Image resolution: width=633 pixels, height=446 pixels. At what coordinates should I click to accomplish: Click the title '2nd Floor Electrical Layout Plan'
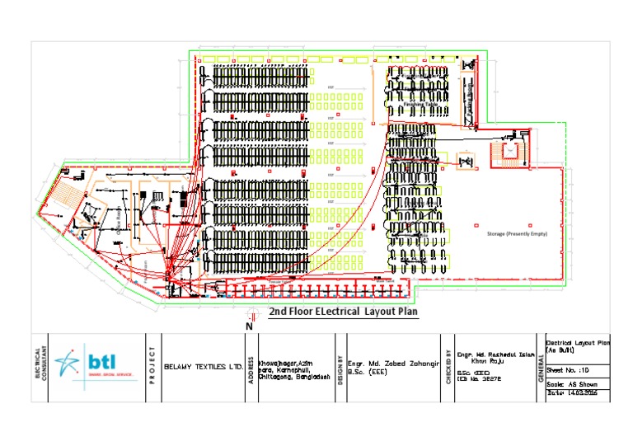343,312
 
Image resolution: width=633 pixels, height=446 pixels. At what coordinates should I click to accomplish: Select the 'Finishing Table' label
420,106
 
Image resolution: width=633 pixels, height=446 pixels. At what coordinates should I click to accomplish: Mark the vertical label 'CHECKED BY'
448,367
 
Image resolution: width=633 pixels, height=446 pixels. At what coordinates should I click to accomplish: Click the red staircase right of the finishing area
500,153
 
